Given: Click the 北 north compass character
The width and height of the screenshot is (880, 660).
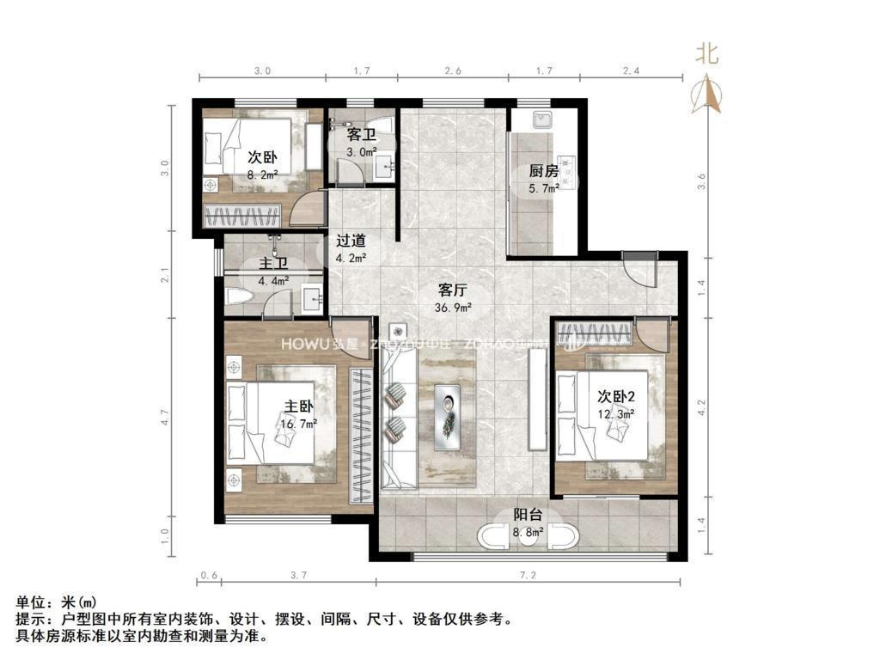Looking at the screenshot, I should (x=706, y=55).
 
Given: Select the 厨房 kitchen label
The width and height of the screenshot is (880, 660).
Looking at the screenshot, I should (x=544, y=171).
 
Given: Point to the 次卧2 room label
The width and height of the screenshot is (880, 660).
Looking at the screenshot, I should (x=616, y=396).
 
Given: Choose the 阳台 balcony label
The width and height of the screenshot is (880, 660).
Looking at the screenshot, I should (x=528, y=516).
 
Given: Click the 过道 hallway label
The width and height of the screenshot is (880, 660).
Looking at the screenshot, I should (x=351, y=241).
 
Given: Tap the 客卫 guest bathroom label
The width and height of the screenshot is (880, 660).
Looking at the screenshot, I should (x=361, y=135).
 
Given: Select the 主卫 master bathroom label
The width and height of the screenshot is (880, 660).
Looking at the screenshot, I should (x=274, y=264).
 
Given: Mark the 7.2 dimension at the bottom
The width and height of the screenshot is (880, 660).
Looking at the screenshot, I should (x=528, y=574).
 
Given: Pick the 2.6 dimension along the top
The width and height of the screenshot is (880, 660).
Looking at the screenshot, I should (x=454, y=70).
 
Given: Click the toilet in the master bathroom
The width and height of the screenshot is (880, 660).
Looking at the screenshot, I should (x=238, y=297).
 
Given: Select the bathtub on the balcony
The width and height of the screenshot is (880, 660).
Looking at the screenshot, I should (x=527, y=539).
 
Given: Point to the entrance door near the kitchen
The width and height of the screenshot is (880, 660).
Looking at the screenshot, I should (x=639, y=271).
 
